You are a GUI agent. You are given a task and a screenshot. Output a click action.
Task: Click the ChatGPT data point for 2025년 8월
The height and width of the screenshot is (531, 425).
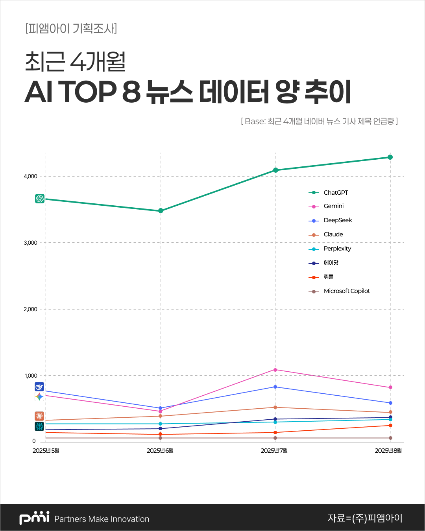(x=390, y=157)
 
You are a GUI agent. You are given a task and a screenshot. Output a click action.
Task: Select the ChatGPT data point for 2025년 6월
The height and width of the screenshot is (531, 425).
(x=161, y=211)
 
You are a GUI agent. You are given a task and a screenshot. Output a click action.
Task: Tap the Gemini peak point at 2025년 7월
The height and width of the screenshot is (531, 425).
(x=275, y=370)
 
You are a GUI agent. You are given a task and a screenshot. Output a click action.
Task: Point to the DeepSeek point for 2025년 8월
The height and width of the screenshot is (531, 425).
(x=390, y=403)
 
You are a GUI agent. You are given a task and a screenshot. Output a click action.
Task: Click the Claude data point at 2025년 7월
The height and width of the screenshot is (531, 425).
(x=275, y=407)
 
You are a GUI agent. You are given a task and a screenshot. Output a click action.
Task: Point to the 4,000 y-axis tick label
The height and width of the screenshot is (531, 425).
(x=30, y=177)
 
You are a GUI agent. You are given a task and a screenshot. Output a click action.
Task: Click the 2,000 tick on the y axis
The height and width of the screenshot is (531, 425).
(x=30, y=310)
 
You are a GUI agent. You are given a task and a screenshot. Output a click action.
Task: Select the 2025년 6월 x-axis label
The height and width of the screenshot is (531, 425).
(x=160, y=451)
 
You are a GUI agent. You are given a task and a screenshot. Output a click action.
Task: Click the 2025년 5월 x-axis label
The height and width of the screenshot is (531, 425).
(x=46, y=451)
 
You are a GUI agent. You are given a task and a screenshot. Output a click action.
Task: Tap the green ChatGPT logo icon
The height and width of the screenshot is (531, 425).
(x=40, y=199)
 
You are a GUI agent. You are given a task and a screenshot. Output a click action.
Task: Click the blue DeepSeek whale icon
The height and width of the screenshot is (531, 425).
(x=39, y=387)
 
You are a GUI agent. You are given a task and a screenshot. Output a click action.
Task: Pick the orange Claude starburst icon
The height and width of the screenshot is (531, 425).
(x=39, y=416)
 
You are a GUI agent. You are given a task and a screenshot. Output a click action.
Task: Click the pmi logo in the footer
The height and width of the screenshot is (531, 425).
(x=34, y=518)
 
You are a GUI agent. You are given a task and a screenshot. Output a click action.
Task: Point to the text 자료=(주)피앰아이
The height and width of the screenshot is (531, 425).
(x=365, y=518)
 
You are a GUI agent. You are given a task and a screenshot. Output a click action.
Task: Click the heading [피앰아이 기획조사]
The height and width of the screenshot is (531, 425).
(x=71, y=29)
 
